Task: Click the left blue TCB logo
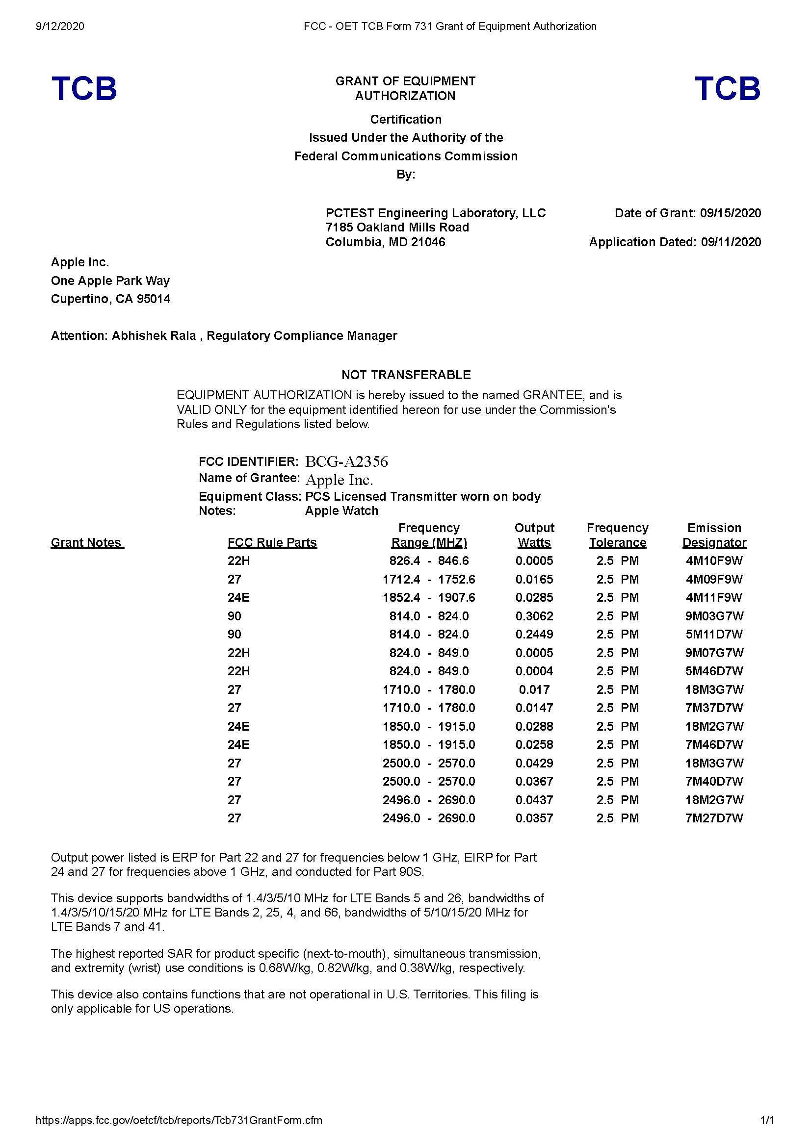tap(84, 88)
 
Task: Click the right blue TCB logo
tap(727, 88)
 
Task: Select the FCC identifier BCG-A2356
tap(346, 461)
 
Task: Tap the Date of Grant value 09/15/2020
tap(730, 213)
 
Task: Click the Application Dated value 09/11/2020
tap(731, 242)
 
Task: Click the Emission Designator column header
tap(714, 535)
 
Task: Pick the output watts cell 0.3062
tap(534, 616)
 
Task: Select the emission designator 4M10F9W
tap(714, 561)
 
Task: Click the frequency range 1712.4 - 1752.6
tap(429, 580)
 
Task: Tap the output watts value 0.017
tap(534, 689)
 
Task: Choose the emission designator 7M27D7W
tap(714, 818)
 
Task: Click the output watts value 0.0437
tap(534, 800)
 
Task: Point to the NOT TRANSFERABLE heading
tap(406, 375)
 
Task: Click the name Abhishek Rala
tap(154, 336)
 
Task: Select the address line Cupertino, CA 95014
tap(110, 299)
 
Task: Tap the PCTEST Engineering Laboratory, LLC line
tap(435, 213)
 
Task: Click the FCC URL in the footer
tap(179, 1120)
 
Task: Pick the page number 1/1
tap(766, 1120)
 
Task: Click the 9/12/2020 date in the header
tap(60, 26)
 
